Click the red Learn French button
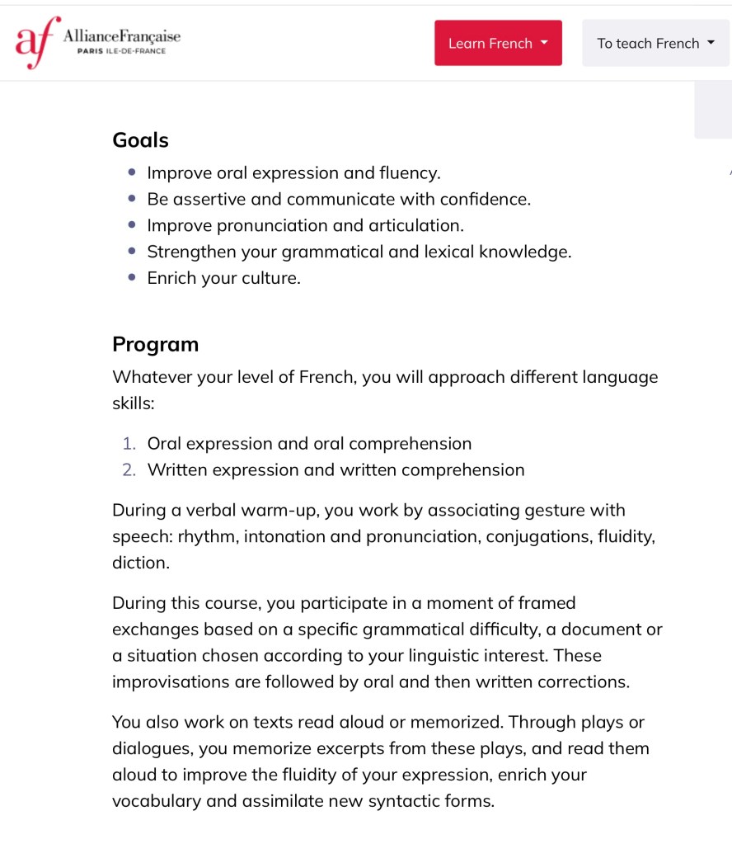pos(498,43)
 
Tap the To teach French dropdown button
pos(655,43)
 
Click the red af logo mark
pos(36,42)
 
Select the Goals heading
pos(140,140)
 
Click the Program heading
pos(155,344)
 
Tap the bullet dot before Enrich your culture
pos(132,278)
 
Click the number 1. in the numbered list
pos(129,444)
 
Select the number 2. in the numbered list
pos(129,470)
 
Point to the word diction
pos(140,563)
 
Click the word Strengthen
pos(191,252)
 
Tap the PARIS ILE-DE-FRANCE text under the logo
pos(121,51)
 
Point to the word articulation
pos(411,226)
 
